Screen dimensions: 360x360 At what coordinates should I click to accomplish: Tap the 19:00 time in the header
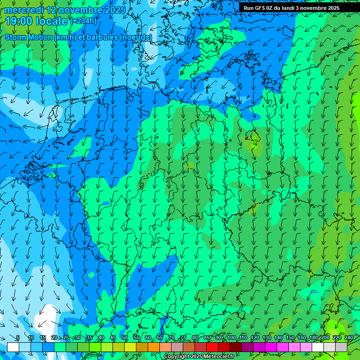(x=19, y=21)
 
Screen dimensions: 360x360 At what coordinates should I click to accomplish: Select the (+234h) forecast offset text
(x=83, y=21)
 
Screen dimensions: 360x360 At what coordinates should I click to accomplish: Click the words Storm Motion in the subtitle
(x=29, y=37)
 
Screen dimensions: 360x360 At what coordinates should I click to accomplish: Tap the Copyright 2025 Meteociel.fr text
(x=199, y=357)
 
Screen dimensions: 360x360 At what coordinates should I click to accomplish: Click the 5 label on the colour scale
(x=18, y=337)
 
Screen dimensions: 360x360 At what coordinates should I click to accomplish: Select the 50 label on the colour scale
(x=125, y=337)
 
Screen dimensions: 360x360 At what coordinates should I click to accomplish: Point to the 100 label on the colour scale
(x=232, y=337)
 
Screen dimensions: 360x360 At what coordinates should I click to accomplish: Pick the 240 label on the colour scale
(x=348, y=337)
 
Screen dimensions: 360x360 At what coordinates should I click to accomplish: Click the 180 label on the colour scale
(x=313, y=337)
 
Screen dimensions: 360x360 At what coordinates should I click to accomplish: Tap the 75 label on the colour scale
(x=183, y=337)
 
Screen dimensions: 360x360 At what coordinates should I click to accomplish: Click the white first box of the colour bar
(x=13, y=347)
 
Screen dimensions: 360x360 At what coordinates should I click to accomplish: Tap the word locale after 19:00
(x=52, y=21)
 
